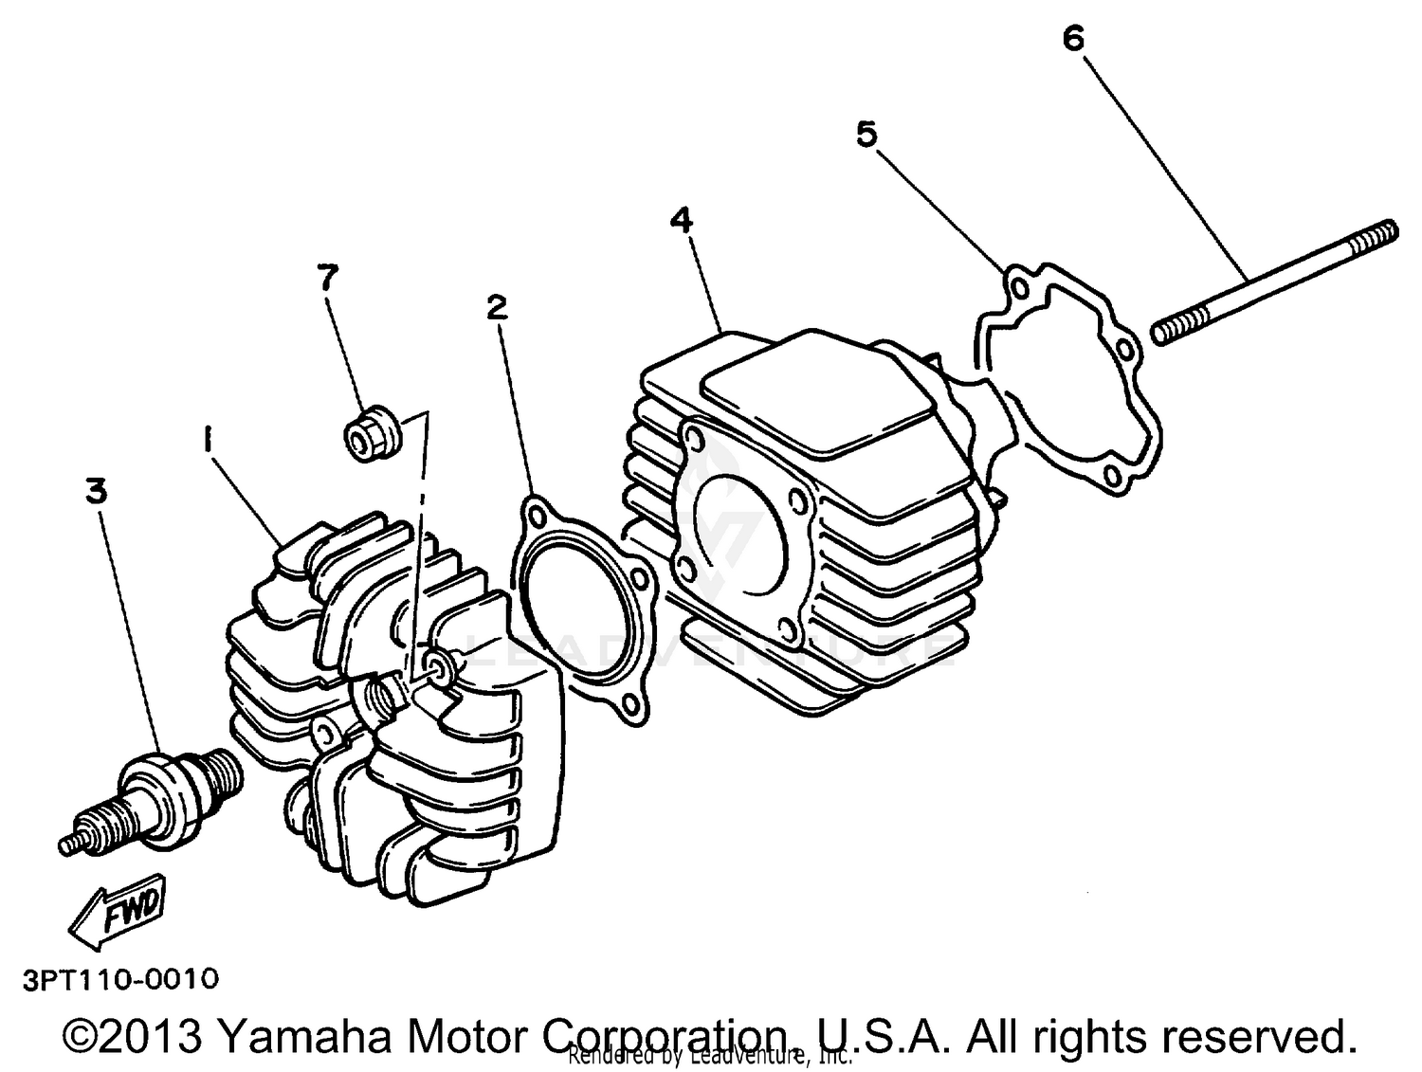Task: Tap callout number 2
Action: pos(497,307)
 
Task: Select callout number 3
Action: pos(96,491)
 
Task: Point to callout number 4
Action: pos(681,220)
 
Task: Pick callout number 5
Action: pos(866,135)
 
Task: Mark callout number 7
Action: pos(326,277)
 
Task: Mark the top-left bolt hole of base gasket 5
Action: pos(1016,286)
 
